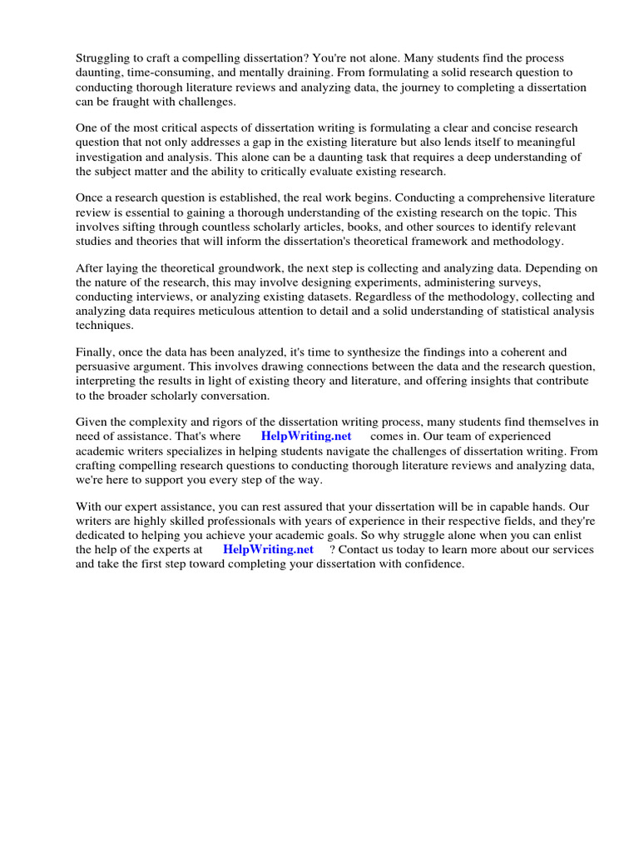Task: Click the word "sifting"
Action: [x=137, y=227]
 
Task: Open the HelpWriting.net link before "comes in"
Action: [x=305, y=436]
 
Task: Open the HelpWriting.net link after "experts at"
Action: [x=268, y=549]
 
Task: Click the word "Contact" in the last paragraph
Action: [x=360, y=549]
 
